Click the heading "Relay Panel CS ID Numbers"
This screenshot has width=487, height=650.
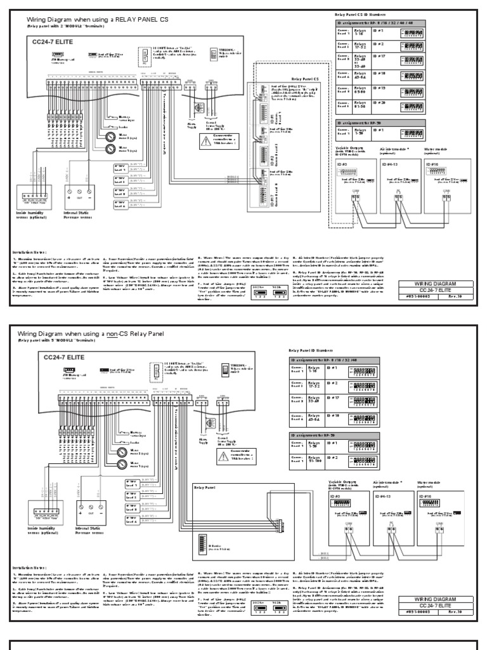pyautogui.click(x=360, y=14)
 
